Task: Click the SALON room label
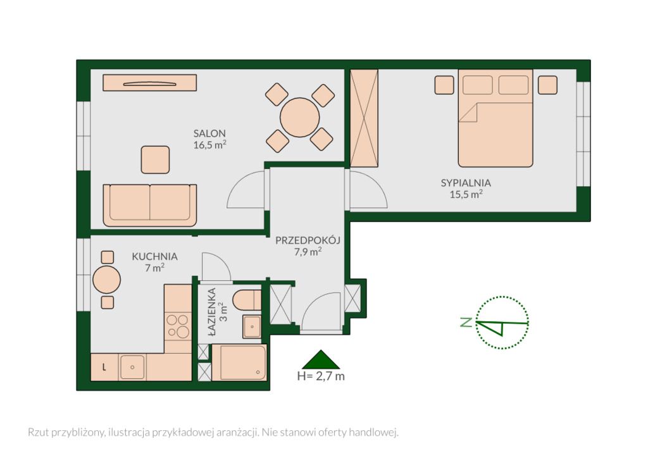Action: [209, 133]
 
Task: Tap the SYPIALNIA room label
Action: [466, 183]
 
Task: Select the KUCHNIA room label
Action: [154, 256]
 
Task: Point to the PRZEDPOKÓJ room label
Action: [308, 240]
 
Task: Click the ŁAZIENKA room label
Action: [213, 310]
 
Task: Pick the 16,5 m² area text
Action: [210, 144]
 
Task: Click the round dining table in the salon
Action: [299, 117]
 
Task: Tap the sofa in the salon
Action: [149, 205]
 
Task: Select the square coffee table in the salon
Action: [156, 160]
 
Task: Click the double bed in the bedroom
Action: [495, 118]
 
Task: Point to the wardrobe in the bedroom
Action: [364, 118]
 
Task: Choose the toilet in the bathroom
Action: [247, 300]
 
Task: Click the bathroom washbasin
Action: [252, 326]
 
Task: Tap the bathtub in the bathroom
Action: [239, 362]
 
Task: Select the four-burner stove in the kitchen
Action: [177, 326]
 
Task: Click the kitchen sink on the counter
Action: [132, 367]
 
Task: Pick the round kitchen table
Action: [106, 280]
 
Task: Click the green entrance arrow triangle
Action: [321, 359]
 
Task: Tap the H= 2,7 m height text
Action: [321, 376]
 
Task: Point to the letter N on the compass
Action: [466, 322]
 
